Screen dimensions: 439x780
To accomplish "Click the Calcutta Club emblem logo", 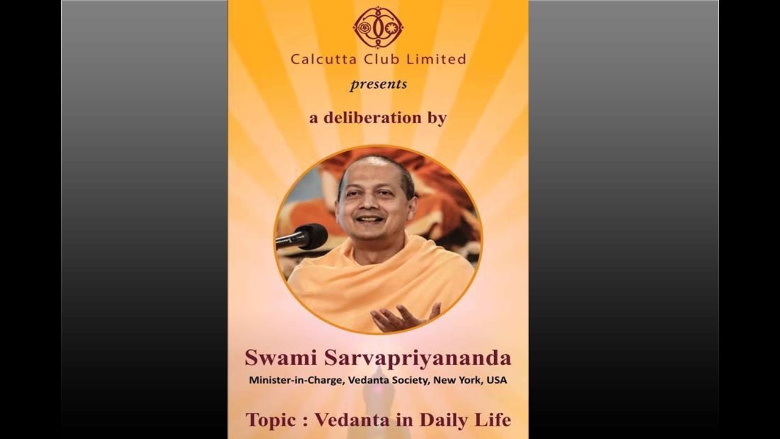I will coord(378,27).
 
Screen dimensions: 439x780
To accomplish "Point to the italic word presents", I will coord(378,84).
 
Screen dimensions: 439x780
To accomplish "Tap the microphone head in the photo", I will coord(313,235).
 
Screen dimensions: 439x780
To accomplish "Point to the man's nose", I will coord(371,202).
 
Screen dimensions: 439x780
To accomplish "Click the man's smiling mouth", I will coord(370,219).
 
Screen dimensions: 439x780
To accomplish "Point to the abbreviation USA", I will coord(497,380).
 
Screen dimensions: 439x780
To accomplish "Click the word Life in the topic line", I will coord(493,420).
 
